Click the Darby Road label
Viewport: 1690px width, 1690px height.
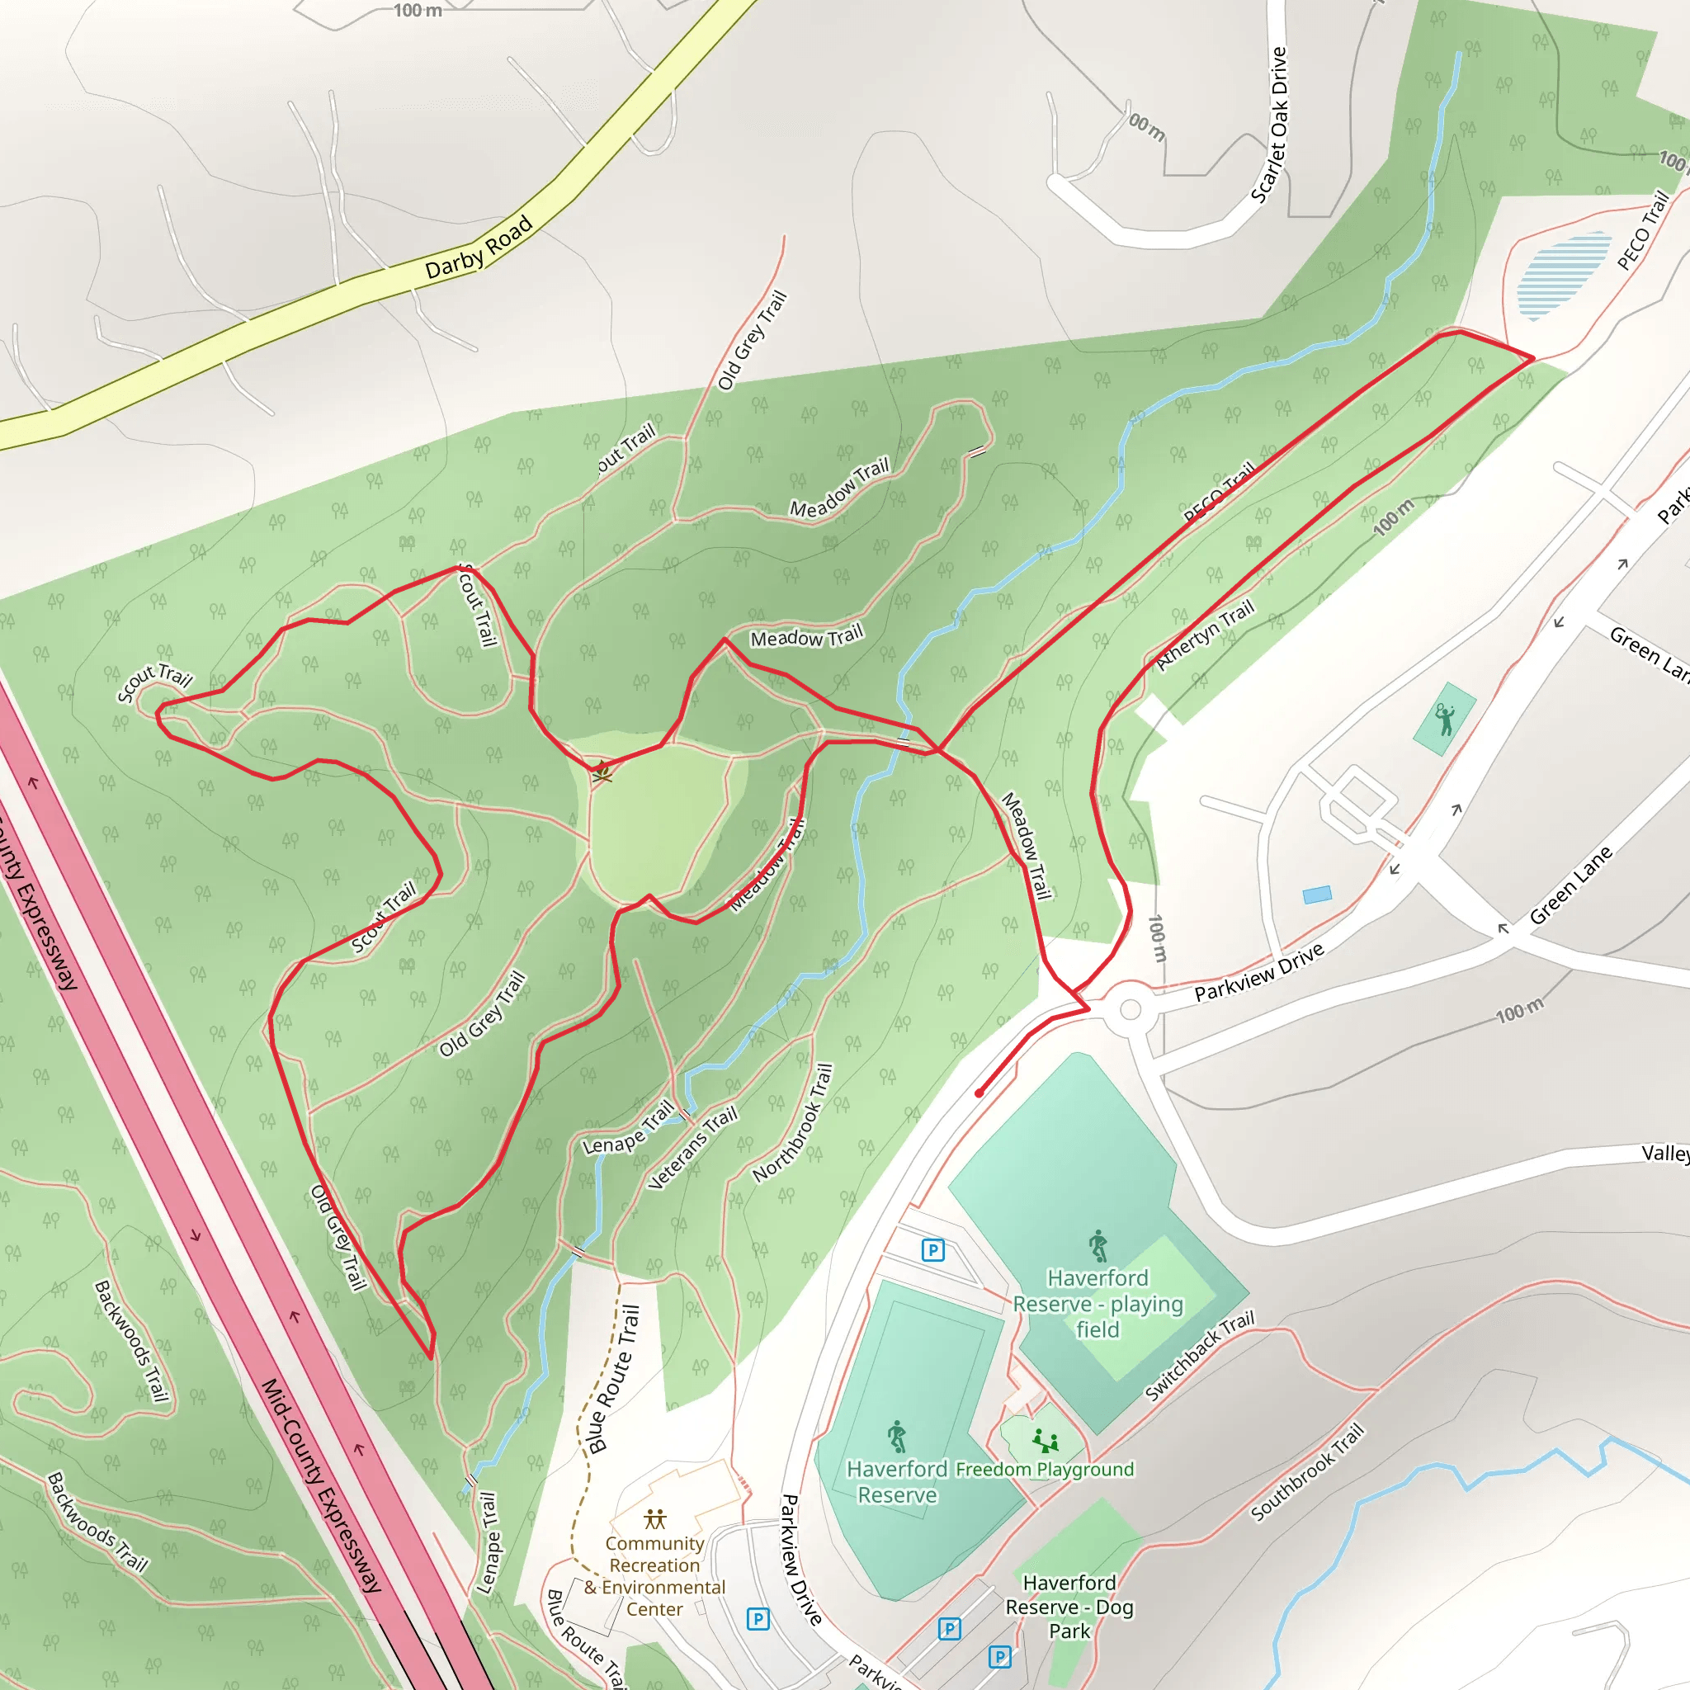point(479,247)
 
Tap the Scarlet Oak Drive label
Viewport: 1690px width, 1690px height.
point(1269,125)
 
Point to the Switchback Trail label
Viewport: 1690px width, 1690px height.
point(1200,1355)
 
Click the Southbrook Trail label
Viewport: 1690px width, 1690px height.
point(1307,1472)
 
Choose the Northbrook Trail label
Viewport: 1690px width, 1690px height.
point(793,1123)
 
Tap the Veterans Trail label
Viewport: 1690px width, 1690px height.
point(693,1147)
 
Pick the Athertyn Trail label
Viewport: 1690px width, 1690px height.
point(1206,635)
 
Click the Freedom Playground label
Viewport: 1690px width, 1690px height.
point(1045,1469)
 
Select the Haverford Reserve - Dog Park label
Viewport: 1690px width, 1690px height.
point(1069,1607)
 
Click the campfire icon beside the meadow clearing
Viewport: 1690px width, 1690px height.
point(601,772)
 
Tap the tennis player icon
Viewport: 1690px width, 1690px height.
point(1444,720)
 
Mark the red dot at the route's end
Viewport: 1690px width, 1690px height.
point(980,1093)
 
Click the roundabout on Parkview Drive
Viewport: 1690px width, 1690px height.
point(1131,1009)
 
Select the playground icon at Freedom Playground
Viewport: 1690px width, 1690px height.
point(1046,1440)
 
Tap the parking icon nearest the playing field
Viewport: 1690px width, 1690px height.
point(933,1250)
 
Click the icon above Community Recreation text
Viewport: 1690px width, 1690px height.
point(654,1519)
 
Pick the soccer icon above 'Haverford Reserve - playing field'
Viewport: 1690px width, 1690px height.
point(1098,1245)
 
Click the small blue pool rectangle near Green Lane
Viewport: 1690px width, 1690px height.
point(1316,894)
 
